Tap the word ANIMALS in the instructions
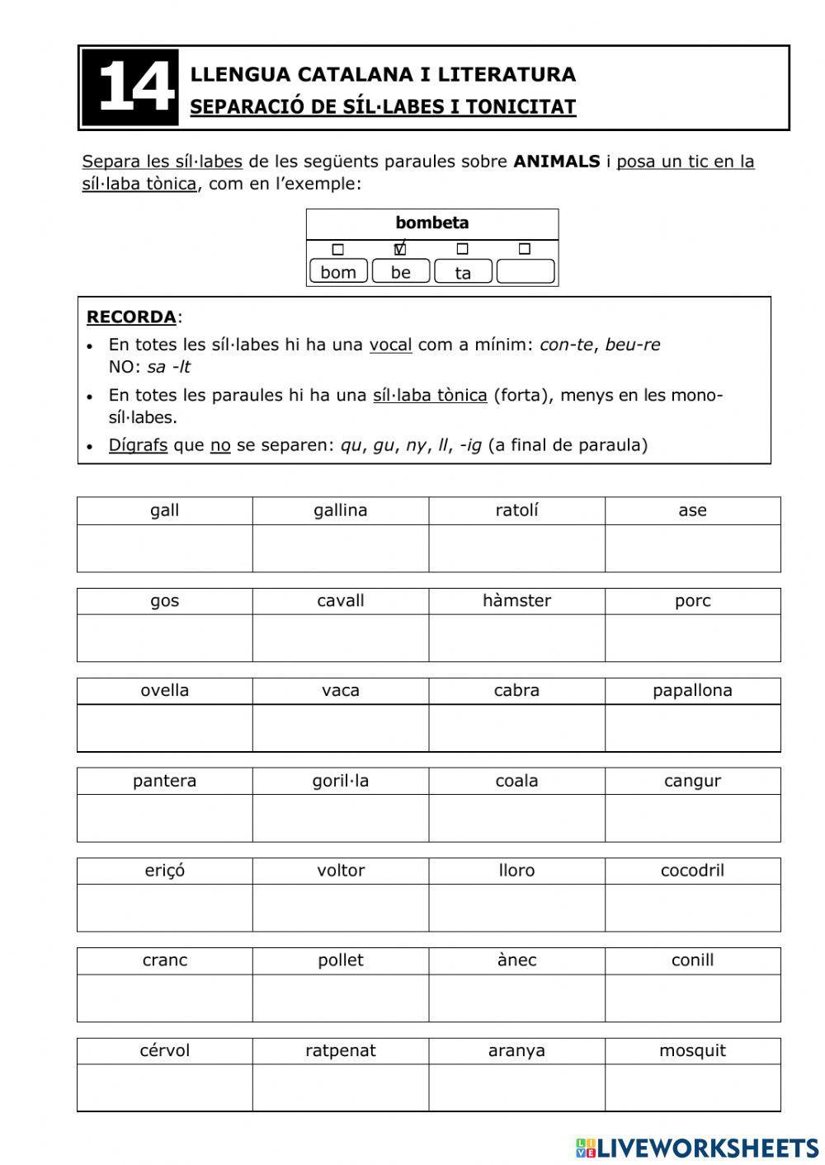pos(556,162)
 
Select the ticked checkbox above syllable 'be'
pos(400,249)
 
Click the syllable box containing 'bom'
pos(338,272)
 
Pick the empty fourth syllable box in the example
pos(526,271)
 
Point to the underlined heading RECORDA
pos(131,317)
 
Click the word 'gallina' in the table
pos(341,510)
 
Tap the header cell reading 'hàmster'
pos(516,600)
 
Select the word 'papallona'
pos(692,690)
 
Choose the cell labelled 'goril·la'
pos(341,781)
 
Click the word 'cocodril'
pos(692,871)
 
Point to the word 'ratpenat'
pos(341,1050)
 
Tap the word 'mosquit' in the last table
pos(692,1050)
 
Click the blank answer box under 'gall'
pos(165,548)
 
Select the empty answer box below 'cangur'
pos(692,818)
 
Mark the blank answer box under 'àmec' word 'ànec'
pos(516,998)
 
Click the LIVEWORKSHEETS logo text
pos(707,1147)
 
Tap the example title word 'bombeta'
pos(432,223)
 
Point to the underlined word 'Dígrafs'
pos(138,445)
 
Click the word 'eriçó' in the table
pos(165,871)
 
